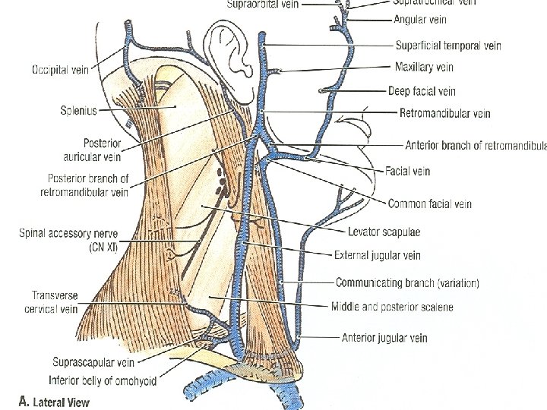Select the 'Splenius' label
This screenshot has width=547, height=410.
coord(78,111)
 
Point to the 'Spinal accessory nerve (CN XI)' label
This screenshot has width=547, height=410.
coord(68,240)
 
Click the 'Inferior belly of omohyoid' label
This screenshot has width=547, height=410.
coord(102,380)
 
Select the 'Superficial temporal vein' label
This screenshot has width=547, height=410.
coord(448,46)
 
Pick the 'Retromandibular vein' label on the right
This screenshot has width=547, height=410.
coord(444,113)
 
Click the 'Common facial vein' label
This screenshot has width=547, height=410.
coord(429,203)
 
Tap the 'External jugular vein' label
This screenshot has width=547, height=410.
coord(377,255)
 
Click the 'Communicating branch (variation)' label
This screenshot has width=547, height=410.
coord(407,283)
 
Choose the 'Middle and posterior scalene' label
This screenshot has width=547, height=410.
coord(391,307)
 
